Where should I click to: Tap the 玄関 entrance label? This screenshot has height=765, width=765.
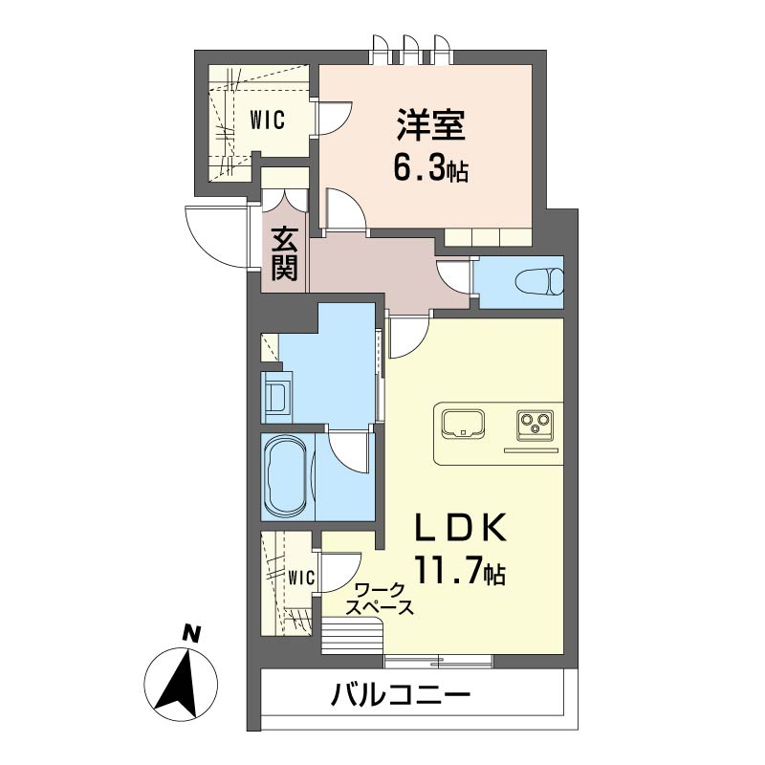[284, 253]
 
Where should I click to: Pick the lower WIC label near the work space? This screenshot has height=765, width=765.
[301, 578]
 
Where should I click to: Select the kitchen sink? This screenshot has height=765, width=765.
[462, 421]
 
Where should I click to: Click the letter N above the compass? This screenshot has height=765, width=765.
[191, 633]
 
